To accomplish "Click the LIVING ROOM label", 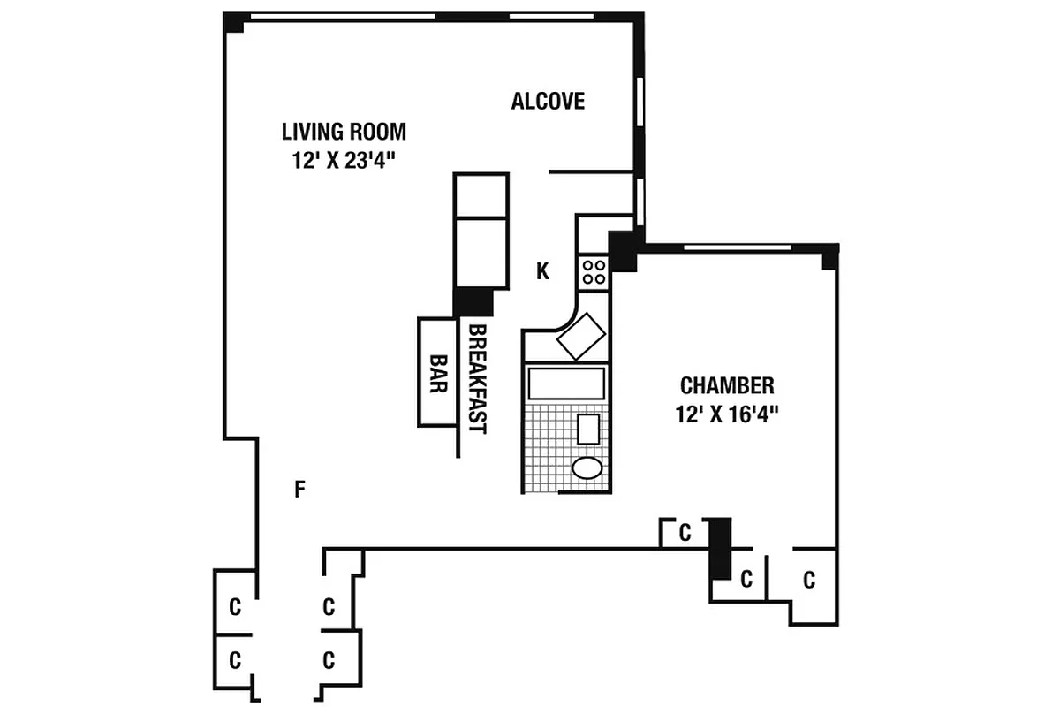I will (344, 132).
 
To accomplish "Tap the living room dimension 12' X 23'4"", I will (344, 161).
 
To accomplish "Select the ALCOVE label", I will (548, 101).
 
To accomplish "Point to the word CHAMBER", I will (727, 385).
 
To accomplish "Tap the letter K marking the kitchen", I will (542, 272).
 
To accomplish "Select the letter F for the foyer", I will (299, 489).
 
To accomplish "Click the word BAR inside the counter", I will (435, 373).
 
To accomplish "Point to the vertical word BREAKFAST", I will (477, 378).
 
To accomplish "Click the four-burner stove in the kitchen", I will (593, 270).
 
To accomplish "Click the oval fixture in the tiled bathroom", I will (586, 468).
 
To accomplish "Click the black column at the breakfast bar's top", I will (473, 300).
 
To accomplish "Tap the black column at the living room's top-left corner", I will (234, 22).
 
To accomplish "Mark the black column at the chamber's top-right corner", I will (829, 258).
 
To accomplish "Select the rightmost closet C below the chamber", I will (808, 581).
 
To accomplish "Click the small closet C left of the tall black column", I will (684, 533).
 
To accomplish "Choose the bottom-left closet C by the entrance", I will (235, 659).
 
